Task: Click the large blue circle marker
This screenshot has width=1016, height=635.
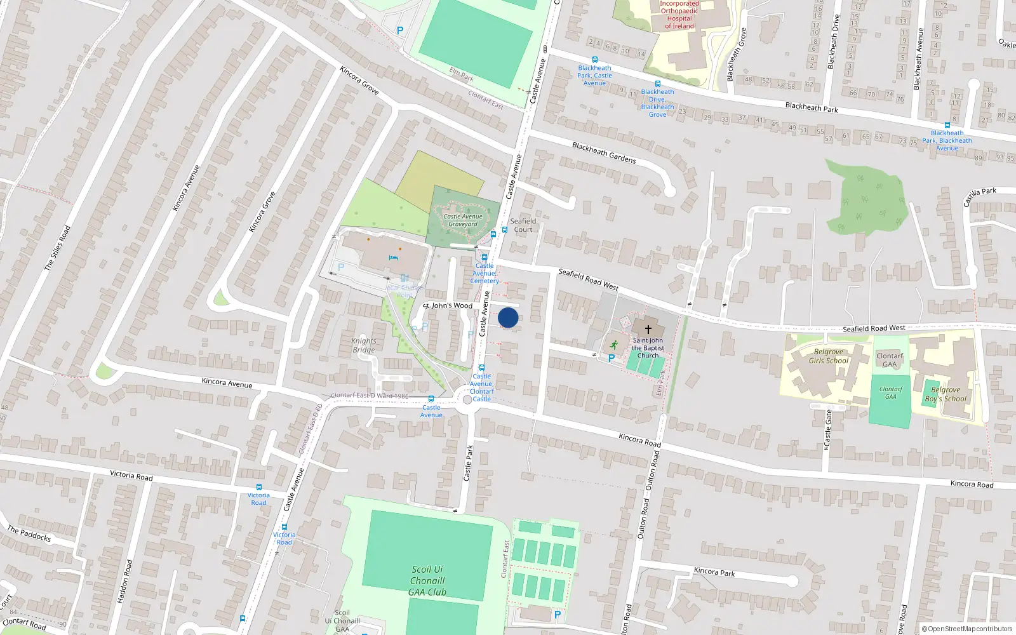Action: coord(508,317)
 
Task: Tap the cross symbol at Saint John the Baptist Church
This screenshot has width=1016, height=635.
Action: coord(648,330)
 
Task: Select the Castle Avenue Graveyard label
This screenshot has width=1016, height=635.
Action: coord(463,220)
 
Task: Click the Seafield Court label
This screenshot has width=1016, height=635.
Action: coord(523,225)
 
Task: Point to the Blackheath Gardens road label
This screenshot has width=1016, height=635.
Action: coord(604,153)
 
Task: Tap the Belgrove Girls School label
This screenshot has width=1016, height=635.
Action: coord(828,356)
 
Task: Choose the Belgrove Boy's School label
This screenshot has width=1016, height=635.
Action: coord(946,394)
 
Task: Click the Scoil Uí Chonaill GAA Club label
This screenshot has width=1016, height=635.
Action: coord(427,580)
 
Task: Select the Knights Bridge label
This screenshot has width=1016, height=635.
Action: coord(363,345)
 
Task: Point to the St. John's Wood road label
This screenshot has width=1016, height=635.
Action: coord(449,305)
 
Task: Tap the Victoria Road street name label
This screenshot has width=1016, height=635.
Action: coord(131,476)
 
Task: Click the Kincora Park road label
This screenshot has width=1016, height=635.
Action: coord(714,571)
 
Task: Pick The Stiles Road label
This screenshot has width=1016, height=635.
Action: coord(57,248)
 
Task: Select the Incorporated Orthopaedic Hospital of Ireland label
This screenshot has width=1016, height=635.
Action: coord(679,15)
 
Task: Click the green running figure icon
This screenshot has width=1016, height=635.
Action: coord(613,345)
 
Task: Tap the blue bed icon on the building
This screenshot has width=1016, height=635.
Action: coord(394,258)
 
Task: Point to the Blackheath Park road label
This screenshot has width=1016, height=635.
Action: coord(812,108)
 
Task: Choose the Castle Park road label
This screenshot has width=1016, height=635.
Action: coord(469,462)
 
